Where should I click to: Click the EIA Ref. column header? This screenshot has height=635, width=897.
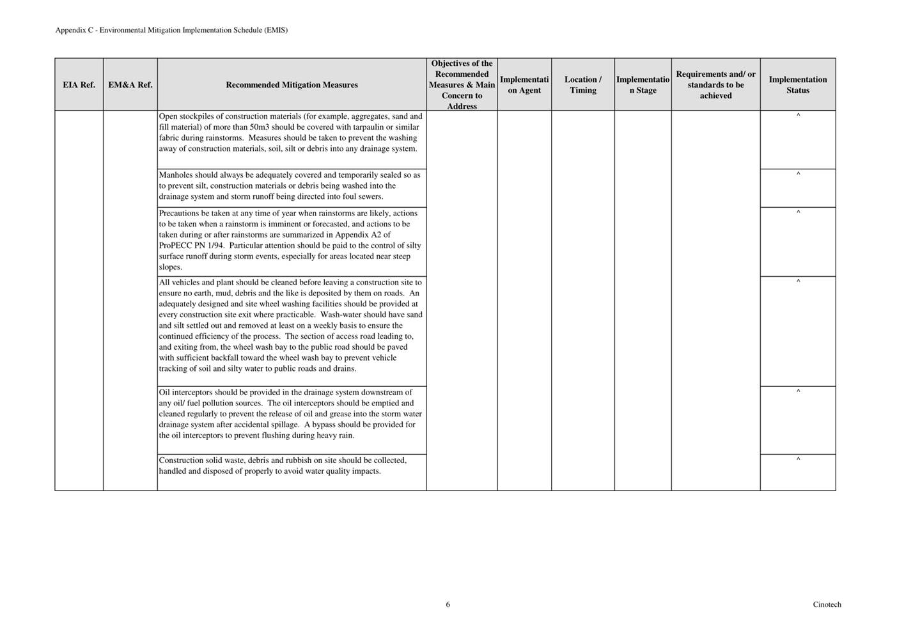click(x=79, y=85)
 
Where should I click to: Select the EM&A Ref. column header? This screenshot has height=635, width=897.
click(x=130, y=85)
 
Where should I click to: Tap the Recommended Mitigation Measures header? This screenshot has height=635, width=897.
click(x=292, y=85)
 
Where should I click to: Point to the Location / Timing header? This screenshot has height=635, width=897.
click(x=582, y=85)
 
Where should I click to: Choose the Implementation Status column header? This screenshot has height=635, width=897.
click(x=797, y=85)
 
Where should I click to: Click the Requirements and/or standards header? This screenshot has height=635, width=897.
click(x=715, y=85)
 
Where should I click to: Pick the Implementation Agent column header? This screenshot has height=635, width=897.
click(x=524, y=85)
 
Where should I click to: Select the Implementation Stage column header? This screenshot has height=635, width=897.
click(x=643, y=85)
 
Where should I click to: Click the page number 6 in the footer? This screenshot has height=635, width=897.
click(x=448, y=604)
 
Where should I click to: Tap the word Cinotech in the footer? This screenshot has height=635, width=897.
click(x=827, y=604)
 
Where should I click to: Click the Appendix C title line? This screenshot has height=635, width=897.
click(x=171, y=30)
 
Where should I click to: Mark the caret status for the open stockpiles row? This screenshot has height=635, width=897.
click(x=798, y=116)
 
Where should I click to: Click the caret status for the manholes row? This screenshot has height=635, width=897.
click(x=798, y=174)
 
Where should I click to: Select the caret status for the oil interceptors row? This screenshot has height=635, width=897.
click(x=798, y=391)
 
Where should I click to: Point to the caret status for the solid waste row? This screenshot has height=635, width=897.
click(x=798, y=459)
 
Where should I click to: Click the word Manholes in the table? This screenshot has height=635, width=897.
click(x=175, y=175)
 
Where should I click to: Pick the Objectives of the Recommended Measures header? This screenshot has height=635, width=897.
click(x=462, y=85)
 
